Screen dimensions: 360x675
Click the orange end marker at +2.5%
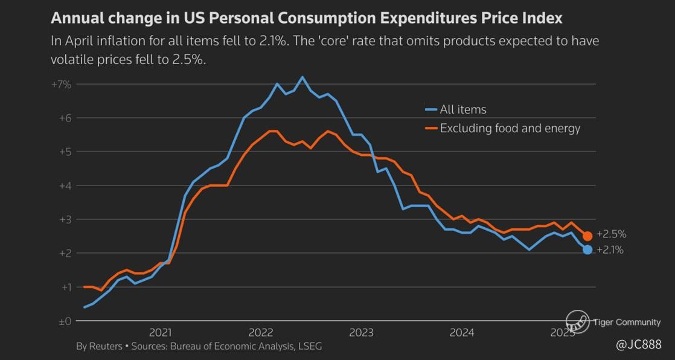587,236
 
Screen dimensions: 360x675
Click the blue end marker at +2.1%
587,249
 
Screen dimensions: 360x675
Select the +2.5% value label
611,234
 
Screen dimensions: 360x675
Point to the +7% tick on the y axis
62,85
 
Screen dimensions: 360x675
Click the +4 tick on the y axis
65,185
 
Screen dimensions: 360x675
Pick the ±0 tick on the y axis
65,321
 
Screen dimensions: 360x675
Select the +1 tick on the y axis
65,287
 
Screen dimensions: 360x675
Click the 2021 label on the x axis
160,332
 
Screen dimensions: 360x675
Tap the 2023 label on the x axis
361,332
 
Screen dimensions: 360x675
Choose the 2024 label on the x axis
462,332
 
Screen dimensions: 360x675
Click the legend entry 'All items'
463,109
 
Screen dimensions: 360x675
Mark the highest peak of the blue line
302,77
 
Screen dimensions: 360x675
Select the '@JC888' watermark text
639,344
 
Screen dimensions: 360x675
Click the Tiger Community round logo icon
577,321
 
